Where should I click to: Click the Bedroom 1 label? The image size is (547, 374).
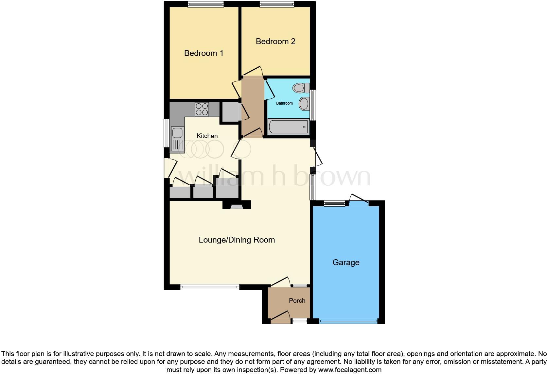203,53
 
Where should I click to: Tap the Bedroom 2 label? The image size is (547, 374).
275,42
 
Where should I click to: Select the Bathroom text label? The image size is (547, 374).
284,103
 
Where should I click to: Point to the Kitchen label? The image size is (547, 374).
207,136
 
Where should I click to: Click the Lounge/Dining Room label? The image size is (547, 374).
237,240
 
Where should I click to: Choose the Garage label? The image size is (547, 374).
346,263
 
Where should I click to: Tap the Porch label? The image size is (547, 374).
297,300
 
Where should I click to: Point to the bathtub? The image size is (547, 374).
288,127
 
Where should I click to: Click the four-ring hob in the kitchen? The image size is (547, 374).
202,109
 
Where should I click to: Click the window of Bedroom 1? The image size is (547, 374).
206,4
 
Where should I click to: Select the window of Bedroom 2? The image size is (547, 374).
277,4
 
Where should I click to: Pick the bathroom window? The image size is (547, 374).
313,105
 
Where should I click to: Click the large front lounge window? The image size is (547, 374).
210,287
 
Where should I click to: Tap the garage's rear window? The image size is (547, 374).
334,203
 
